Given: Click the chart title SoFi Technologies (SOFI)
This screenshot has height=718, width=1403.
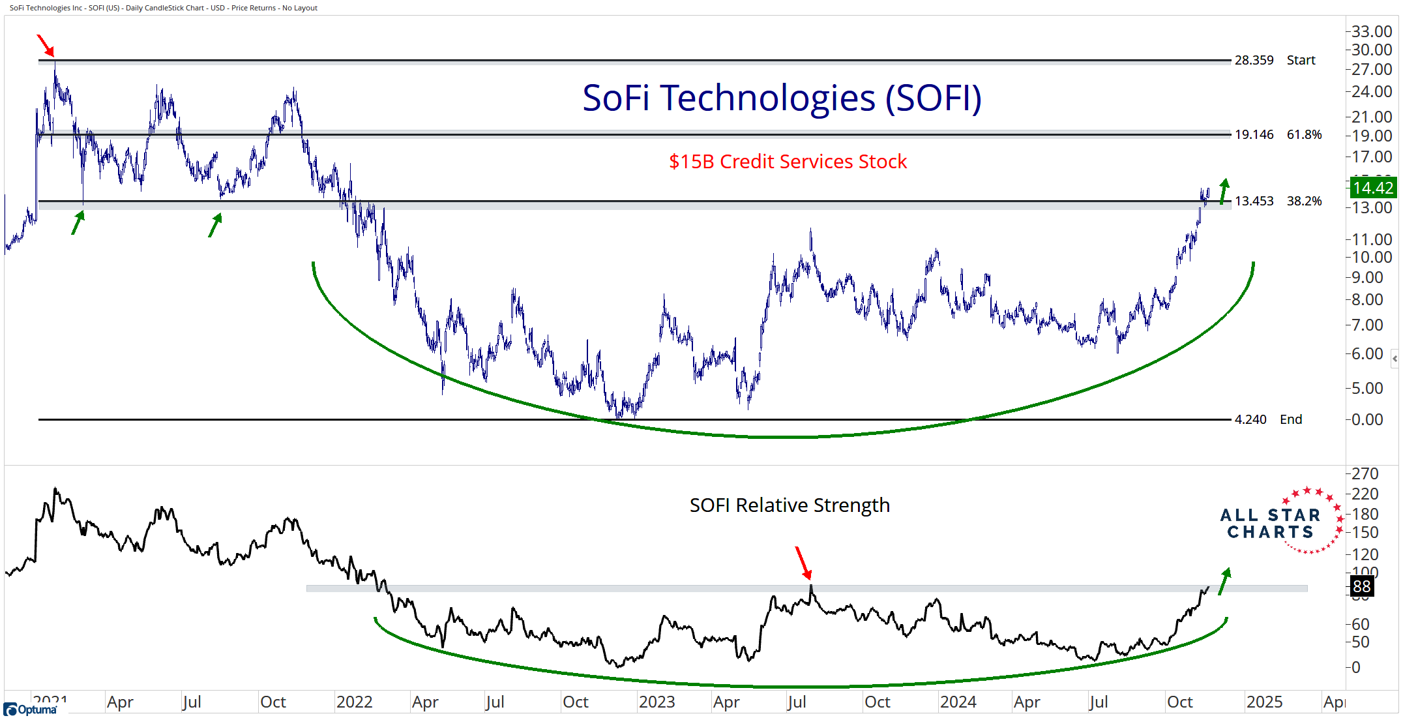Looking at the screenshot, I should [x=782, y=98].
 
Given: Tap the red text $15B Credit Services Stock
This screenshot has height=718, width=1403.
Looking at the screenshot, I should [x=788, y=162].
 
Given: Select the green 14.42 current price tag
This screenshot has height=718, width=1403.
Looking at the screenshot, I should [x=1372, y=188].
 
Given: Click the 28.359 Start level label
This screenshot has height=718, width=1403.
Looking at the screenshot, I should [x=1274, y=60].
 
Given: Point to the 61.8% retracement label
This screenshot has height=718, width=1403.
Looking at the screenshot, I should [x=1304, y=134].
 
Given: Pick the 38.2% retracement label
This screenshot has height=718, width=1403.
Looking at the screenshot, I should [x=1304, y=201].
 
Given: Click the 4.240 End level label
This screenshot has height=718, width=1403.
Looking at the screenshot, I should [x=1267, y=419].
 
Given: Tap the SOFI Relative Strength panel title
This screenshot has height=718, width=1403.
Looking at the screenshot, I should [x=790, y=505].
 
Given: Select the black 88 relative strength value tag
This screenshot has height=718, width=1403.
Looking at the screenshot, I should [x=1361, y=586].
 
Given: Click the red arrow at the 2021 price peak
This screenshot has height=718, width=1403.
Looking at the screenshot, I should [x=45, y=46].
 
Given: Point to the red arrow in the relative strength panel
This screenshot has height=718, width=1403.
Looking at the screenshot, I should [x=803, y=563].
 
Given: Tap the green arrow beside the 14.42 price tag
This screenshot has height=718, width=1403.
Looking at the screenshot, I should [x=1224, y=191].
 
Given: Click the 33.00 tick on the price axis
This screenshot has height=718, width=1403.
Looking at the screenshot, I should [x=1372, y=31].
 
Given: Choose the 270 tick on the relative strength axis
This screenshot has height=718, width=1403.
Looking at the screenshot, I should [x=1365, y=474].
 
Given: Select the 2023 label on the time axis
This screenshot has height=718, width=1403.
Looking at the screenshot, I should [x=657, y=702].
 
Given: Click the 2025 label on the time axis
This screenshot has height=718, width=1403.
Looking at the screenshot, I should [x=1264, y=702].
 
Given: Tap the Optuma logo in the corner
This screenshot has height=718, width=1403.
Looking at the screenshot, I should [x=30, y=710].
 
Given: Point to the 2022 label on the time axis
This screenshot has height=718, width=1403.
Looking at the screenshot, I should [x=354, y=702].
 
